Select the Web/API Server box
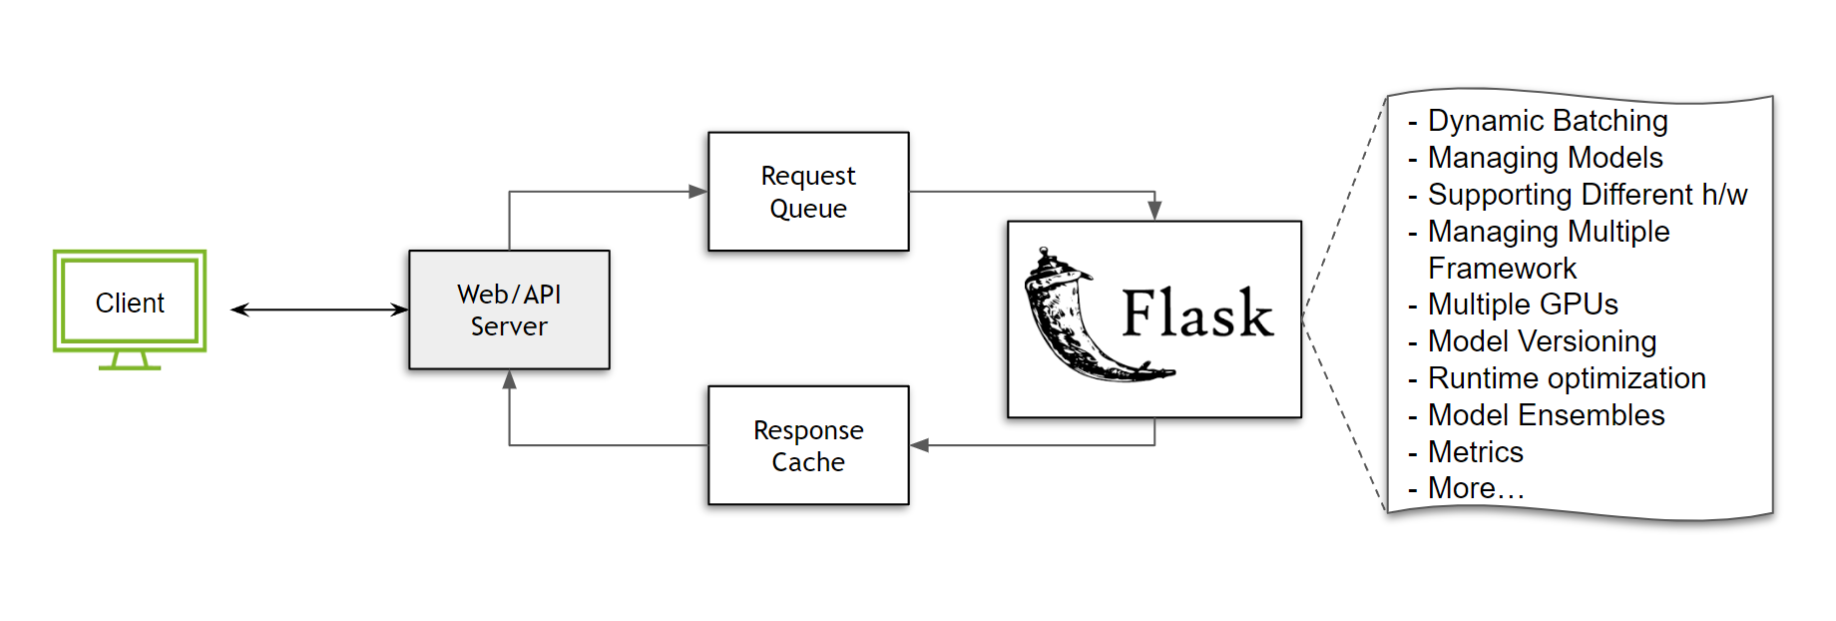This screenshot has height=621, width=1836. click(509, 310)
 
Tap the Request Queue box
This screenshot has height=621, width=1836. click(808, 192)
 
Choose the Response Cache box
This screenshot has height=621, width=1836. click(808, 445)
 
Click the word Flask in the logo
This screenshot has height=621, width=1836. click(1197, 314)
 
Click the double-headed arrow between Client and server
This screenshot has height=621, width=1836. click(319, 310)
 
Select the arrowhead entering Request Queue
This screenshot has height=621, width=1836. click(698, 192)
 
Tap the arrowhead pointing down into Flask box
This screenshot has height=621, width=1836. click(1154, 211)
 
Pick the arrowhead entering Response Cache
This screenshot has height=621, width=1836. click(920, 445)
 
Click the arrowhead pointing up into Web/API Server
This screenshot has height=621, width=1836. click(509, 380)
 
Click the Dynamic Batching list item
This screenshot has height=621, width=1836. click(1547, 121)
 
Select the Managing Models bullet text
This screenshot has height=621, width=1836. click(1545, 158)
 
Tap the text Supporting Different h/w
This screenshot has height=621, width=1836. click(1587, 195)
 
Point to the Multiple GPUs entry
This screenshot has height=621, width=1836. click(1522, 305)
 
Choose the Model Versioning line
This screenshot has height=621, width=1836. click(1542, 341)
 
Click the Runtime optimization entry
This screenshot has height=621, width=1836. click(1567, 378)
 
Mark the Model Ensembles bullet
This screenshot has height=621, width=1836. click(1546, 415)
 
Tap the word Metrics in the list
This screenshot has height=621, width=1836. click(1475, 452)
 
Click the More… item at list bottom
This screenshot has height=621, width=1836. click(1475, 488)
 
